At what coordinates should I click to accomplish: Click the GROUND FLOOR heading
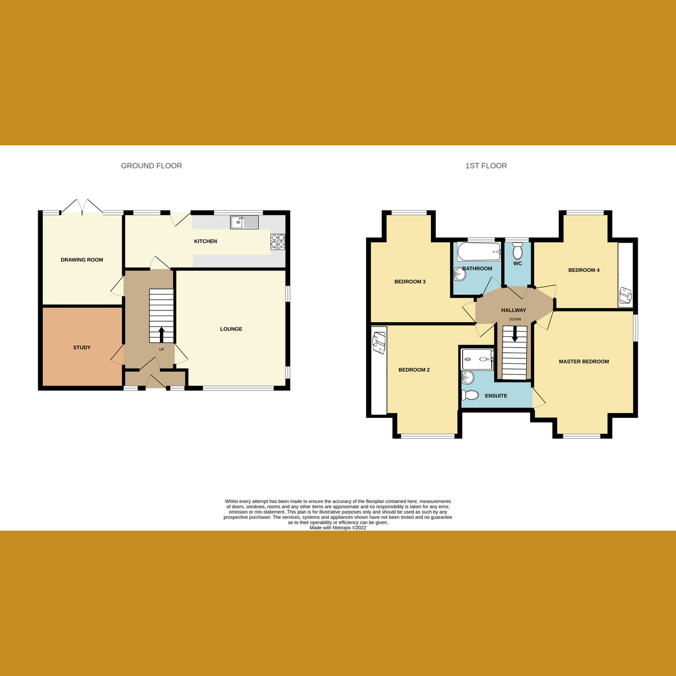click(x=152, y=166)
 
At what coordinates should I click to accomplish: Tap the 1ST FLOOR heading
click(x=486, y=166)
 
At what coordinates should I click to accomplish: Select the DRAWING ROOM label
click(x=82, y=260)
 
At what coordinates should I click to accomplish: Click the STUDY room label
click(x=82, y=348)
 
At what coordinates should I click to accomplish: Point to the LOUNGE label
click(x=231, y=329)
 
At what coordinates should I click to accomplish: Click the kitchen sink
click(x=244, y=223)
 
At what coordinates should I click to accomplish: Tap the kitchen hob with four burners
click(x=278, y=241)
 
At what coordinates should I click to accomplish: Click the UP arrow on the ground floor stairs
click(x=162, y=334)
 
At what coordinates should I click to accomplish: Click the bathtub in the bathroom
click(x=478, y=251)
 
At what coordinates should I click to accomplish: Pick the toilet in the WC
click(x=518, y=251)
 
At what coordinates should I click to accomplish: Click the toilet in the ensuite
click(x=469, y=395)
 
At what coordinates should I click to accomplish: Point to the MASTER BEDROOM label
click(x=584, y=362)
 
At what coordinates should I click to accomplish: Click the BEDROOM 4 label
click(x=584, y=270)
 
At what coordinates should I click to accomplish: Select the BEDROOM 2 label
click(x=414, y=370)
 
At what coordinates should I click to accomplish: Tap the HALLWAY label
click(x=513, y=310)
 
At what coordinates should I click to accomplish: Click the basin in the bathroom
click(x=459, y=274)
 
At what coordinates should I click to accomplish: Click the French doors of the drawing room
click(x=82, y=207)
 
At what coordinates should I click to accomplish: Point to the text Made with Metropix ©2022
click(x=338, y=528)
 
